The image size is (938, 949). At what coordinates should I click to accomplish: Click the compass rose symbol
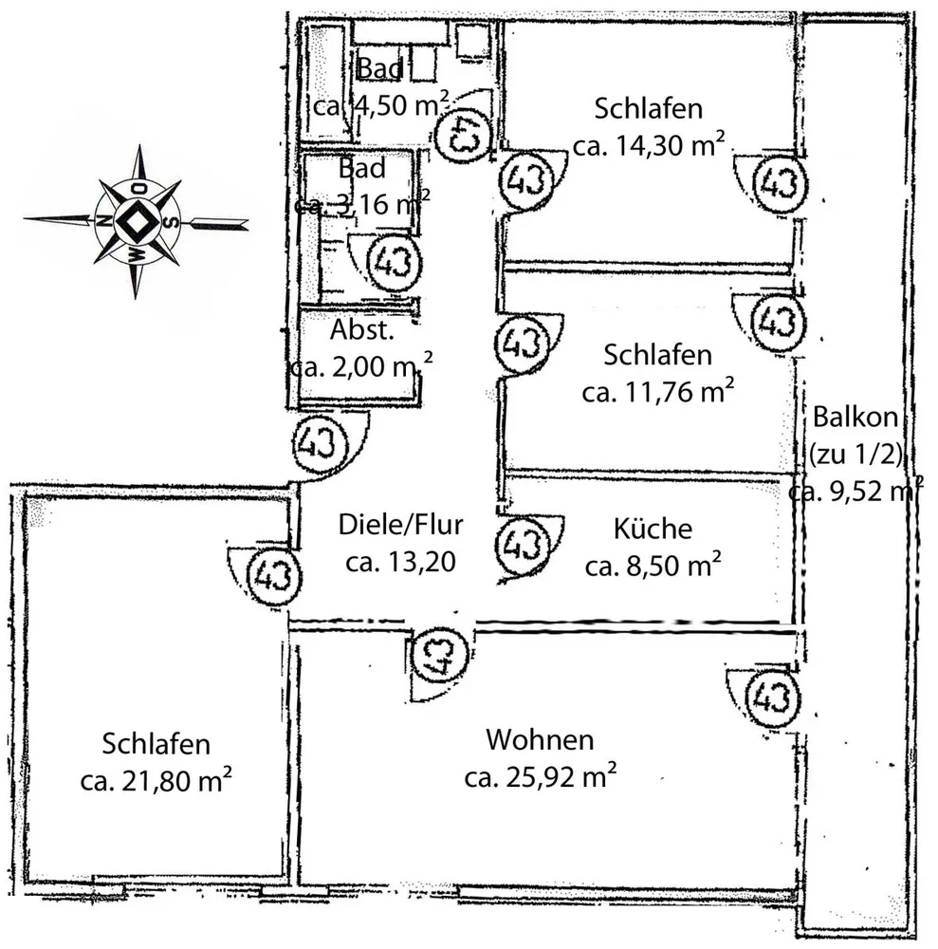(136, 221)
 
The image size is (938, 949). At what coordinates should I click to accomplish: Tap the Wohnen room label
(540, 739)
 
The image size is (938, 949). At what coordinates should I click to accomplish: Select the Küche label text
(653, 529)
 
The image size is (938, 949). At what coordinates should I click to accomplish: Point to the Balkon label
(855, 417)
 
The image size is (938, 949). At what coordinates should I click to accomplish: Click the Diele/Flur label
(401, 524)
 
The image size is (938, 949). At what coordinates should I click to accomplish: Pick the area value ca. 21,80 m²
(156, 780)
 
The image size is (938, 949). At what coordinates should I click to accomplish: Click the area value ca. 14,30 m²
(649, 145)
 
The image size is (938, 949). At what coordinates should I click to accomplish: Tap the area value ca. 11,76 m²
(658, 392)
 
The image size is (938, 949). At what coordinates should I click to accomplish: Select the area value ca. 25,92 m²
(540, 776)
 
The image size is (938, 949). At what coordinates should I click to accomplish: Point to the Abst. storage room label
(362, 330)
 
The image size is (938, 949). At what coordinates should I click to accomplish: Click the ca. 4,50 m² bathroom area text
(381, 105)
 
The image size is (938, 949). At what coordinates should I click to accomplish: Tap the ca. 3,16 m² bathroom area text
(362, 204)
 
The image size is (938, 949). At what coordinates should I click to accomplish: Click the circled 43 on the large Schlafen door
(275, 575)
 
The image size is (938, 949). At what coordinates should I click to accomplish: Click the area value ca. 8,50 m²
(653, 566)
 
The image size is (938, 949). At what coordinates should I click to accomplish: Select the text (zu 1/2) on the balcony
(855, 454)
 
